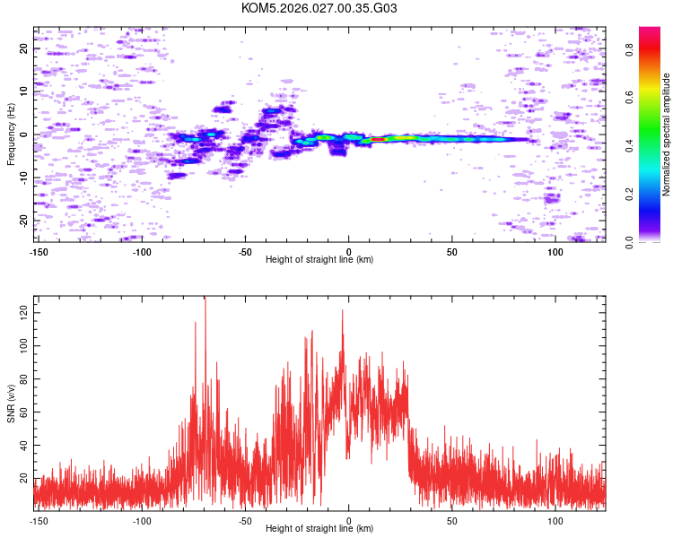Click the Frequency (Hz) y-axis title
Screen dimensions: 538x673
(12, 134)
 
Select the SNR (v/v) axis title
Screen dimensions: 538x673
(12, 403)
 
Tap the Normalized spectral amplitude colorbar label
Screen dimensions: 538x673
(667, 134)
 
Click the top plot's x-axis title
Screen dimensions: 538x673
(319, 259)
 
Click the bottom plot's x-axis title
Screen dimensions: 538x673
(319, 528)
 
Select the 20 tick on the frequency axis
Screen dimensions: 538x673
(24, 48)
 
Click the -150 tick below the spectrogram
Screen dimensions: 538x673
(39, 251)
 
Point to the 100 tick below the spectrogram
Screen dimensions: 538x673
(555, 251)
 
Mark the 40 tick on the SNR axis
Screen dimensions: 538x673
(24, 445)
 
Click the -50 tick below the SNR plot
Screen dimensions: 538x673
(245, 520)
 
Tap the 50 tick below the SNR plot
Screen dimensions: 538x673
(452, 520)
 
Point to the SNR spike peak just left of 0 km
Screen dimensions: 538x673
(342, 311)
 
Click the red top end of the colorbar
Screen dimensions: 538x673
(649, 30)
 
